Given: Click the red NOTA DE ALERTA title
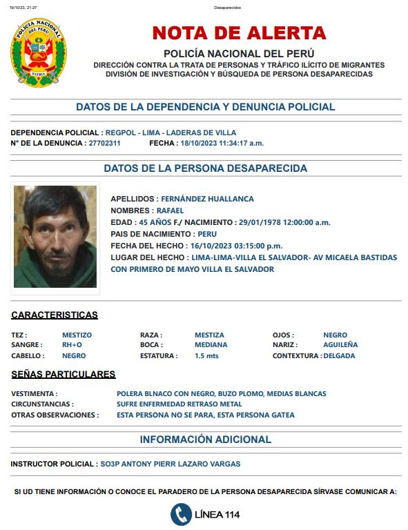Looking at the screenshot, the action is (x=239, y=33).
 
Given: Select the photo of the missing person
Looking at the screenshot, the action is (x=55, y=237).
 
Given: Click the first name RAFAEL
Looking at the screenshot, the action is (x=170, y=210).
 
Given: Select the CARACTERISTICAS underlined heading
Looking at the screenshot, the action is (x=55, y=315).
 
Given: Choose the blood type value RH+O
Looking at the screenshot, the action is (x=72, y=345).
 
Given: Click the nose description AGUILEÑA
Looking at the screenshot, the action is (x=340, y=345).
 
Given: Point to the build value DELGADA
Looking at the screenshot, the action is (x=339, y=356).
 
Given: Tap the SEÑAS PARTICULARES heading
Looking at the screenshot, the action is (x=64, y=375).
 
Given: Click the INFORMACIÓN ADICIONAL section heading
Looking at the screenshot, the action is (x=206, y=440).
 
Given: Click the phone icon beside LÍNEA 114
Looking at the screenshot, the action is (x=182, y=514).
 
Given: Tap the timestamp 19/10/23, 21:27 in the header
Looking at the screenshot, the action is (x=24, y=8).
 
